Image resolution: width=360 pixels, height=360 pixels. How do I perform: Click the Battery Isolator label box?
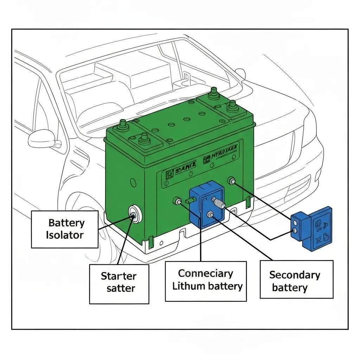[65, 229]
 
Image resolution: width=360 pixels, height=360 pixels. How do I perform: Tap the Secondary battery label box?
[296, 279]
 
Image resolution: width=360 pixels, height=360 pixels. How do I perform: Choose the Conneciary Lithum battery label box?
[206, 281]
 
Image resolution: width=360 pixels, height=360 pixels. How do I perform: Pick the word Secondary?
[295, 275]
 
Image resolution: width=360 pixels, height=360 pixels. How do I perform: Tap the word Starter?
[118, 276]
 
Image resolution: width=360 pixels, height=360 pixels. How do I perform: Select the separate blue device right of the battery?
[312, 228]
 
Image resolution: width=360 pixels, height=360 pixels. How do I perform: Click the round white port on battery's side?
[134, 213]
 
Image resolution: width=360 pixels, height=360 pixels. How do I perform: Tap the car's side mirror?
[41, 139]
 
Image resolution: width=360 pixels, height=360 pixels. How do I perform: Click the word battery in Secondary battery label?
[290, 288]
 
